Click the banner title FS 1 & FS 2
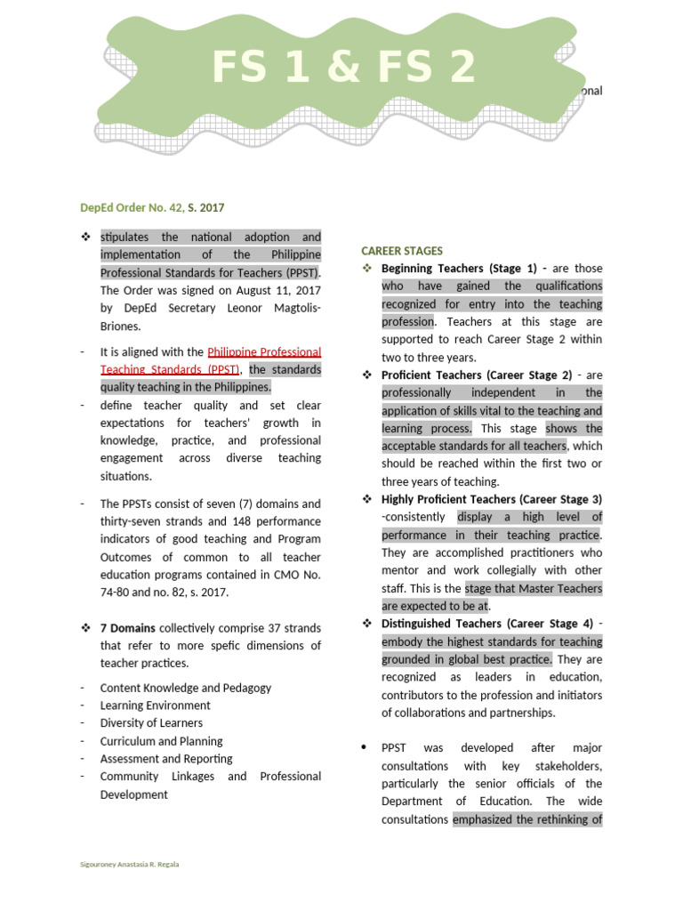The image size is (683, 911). tap(343, 69)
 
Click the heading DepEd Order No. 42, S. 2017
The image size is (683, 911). tap(152, 208)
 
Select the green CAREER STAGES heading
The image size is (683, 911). tap(402, 251)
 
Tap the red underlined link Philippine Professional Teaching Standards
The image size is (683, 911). tap(211, 361)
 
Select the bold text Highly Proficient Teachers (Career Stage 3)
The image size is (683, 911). tap(491, 499)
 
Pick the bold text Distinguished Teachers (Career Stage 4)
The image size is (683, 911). tap(486, 624)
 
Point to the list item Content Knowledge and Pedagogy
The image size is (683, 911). tap(186, 688)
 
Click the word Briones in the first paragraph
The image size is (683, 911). tap(123, 327)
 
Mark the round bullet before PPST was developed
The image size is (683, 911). tap(364, 748)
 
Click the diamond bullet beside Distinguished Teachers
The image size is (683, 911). tap(367, 624)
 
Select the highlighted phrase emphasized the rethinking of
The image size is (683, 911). tap(527, 819)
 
